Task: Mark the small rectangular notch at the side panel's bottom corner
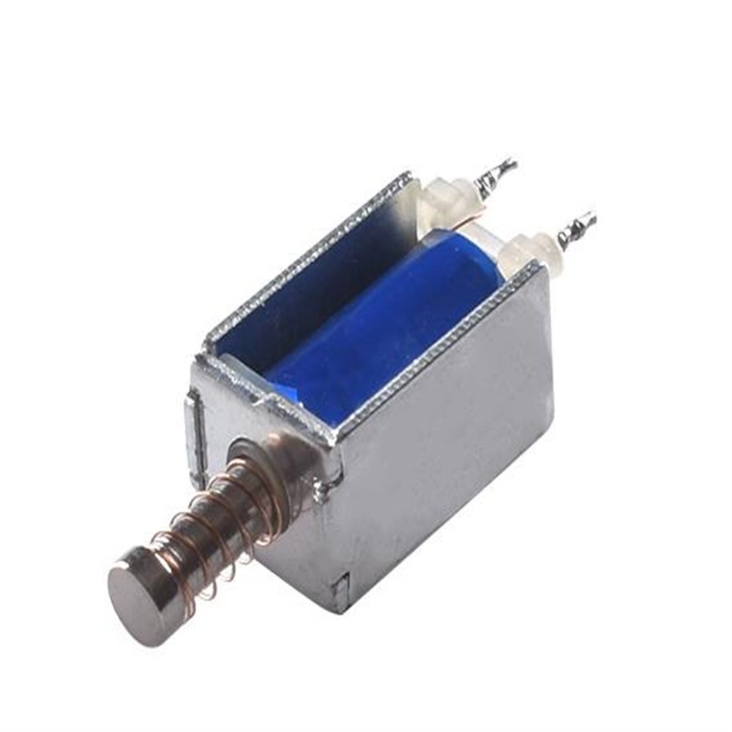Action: [341, 585]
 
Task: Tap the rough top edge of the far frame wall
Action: [307, 256]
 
